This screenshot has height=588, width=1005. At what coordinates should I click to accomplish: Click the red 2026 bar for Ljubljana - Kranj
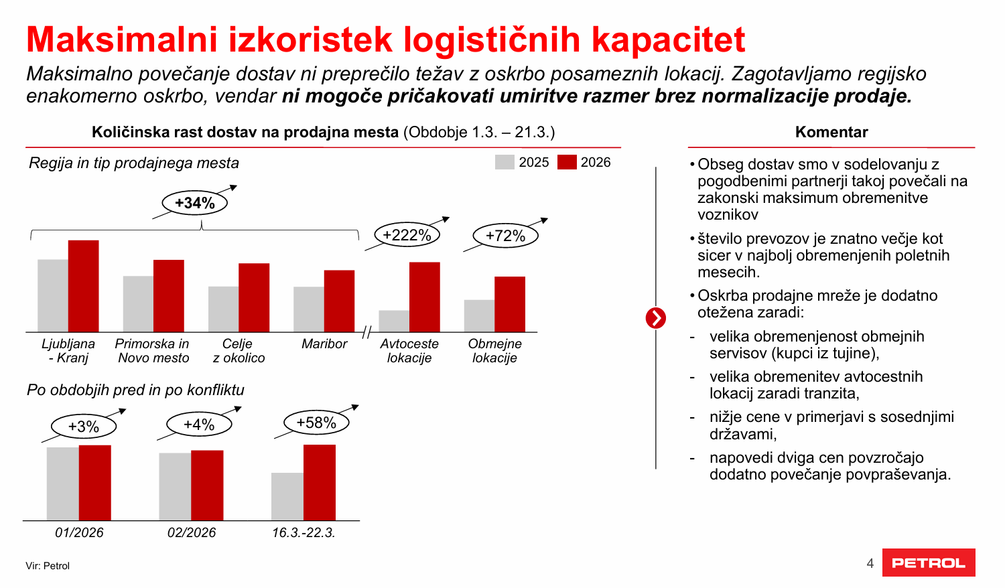point(83,286)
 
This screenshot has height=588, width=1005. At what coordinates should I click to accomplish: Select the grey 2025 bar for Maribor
point(308,309)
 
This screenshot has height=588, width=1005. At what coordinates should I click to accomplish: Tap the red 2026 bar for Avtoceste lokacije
point(425,297)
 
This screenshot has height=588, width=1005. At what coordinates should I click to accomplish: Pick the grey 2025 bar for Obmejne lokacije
point(479,316)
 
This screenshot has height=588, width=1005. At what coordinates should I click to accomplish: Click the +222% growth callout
point(407,235)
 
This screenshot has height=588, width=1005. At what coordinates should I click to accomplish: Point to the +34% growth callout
point(195,203)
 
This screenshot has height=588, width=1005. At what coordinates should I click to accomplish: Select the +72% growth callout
point(505,236)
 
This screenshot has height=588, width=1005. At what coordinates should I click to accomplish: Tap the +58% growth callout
point(316,423)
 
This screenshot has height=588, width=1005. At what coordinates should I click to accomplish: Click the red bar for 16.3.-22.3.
point(320,482)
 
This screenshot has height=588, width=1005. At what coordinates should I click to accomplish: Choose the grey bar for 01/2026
point(62,484)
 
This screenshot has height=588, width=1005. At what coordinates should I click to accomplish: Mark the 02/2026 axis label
point(192,532)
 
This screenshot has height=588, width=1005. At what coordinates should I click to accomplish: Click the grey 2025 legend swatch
point(505,162)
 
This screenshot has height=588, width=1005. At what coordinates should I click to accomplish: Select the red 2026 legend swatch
point(567,162)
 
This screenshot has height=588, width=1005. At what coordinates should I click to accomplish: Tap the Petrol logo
point(929,563)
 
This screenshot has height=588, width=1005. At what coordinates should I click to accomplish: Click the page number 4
point(870,563)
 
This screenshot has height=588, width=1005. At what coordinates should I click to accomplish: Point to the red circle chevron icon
point(656,318)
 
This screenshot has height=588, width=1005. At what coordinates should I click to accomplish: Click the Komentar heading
point(831,132)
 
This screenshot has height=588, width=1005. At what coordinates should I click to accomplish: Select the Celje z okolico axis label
point(239,351)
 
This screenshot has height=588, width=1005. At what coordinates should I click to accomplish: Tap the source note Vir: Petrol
point(48,566)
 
